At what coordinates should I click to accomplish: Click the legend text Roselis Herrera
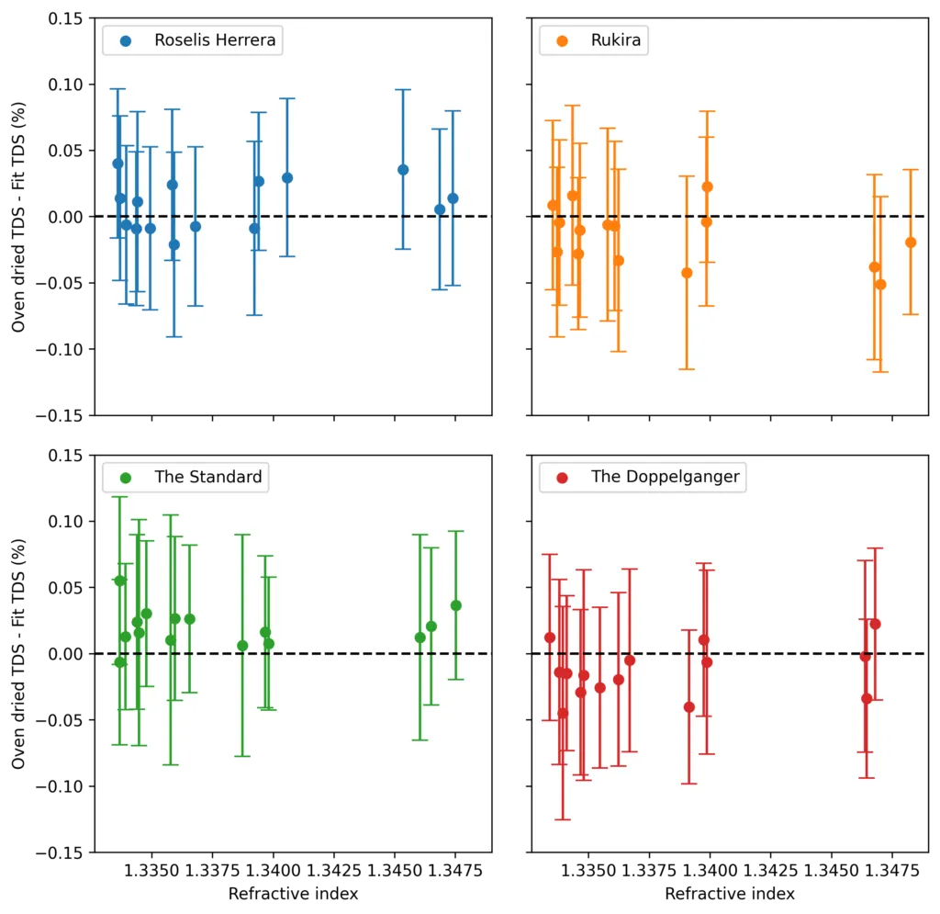coord(215,40)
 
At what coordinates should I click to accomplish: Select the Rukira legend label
coord(616,40)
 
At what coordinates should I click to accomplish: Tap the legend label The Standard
coord(207,477)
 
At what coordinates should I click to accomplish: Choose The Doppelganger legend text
coord(665,477)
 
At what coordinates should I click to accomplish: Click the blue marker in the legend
coord(126,41)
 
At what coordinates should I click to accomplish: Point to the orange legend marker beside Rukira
coord(563,41)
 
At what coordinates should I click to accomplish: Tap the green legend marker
coord(126,478)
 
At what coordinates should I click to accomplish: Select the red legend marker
coord(563,478)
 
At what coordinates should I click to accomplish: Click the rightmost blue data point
coord(453,198)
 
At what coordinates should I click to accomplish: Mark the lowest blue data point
coord(174,244)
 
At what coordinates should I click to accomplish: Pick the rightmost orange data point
coord(911,243)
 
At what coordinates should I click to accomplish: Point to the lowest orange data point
coord(880,284)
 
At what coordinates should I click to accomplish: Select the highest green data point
coord(119,581)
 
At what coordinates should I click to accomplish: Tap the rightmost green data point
coord(455,605)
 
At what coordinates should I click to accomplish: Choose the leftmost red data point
coord(550,638)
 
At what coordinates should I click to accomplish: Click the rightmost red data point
coord(875,624)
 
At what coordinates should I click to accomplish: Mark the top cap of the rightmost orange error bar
coord(911,170)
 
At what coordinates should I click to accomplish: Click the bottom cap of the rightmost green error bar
coord(455,679)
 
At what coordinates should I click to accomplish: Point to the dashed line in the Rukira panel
coord(789,217)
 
